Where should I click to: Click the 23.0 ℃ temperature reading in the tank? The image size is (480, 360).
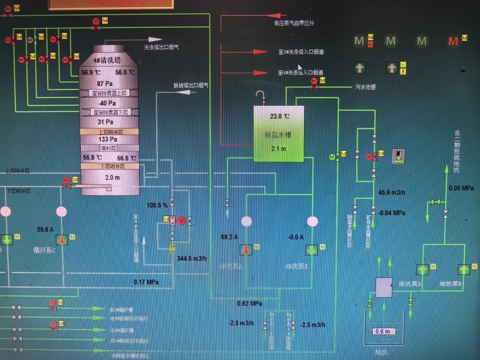280,116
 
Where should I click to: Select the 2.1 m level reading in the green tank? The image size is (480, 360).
279,148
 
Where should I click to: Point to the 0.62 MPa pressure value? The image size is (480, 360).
249,304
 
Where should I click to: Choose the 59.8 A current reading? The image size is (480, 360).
45,230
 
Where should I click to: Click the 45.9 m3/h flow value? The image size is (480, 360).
391,193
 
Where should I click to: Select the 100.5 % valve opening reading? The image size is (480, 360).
157,205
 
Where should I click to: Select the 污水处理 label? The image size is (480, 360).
365,87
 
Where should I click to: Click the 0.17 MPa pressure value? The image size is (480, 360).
146,282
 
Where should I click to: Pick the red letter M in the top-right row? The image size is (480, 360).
453,42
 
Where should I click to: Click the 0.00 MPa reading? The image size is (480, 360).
461,188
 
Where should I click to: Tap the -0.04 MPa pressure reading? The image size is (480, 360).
392,213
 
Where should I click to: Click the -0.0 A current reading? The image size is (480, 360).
296,237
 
